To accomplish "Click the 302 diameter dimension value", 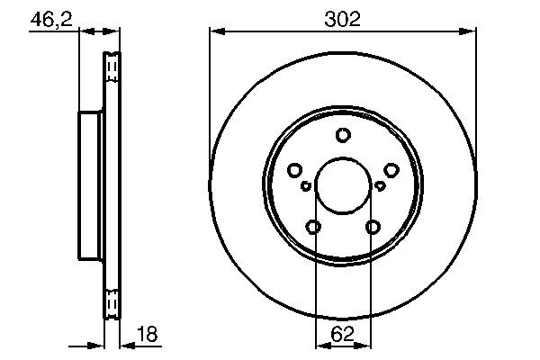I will [x=342, y=18].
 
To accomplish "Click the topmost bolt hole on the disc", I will [x=343, y=136].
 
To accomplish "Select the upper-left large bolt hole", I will [x=294, y=170].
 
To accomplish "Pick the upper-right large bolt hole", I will [x=391, y=170].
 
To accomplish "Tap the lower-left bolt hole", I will [x=313, y=227].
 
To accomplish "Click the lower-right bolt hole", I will [x=373, y=227].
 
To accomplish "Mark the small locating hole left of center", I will [x=306, y=186].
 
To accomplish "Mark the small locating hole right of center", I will [x=380, y=186].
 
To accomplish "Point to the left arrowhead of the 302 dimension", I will [x=215, y=32].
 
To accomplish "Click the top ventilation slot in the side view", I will [x=112, y=68].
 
